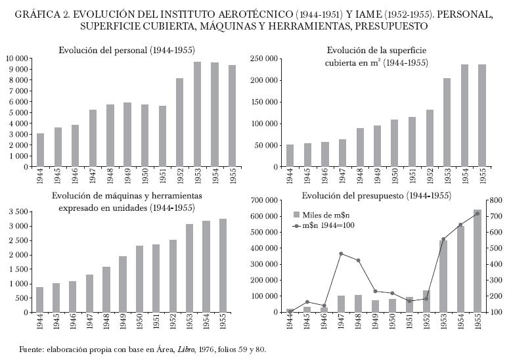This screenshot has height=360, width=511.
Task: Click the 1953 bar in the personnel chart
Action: coord(197,114)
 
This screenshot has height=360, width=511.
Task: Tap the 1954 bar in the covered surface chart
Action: coord(465,116)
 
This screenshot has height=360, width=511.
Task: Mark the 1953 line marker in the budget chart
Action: coord(443,239)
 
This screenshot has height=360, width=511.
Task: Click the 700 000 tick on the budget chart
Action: coord(263,200)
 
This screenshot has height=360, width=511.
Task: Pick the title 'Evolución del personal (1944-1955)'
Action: coord(127,50)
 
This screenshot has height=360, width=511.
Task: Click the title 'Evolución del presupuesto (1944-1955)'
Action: coord(376,196)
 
